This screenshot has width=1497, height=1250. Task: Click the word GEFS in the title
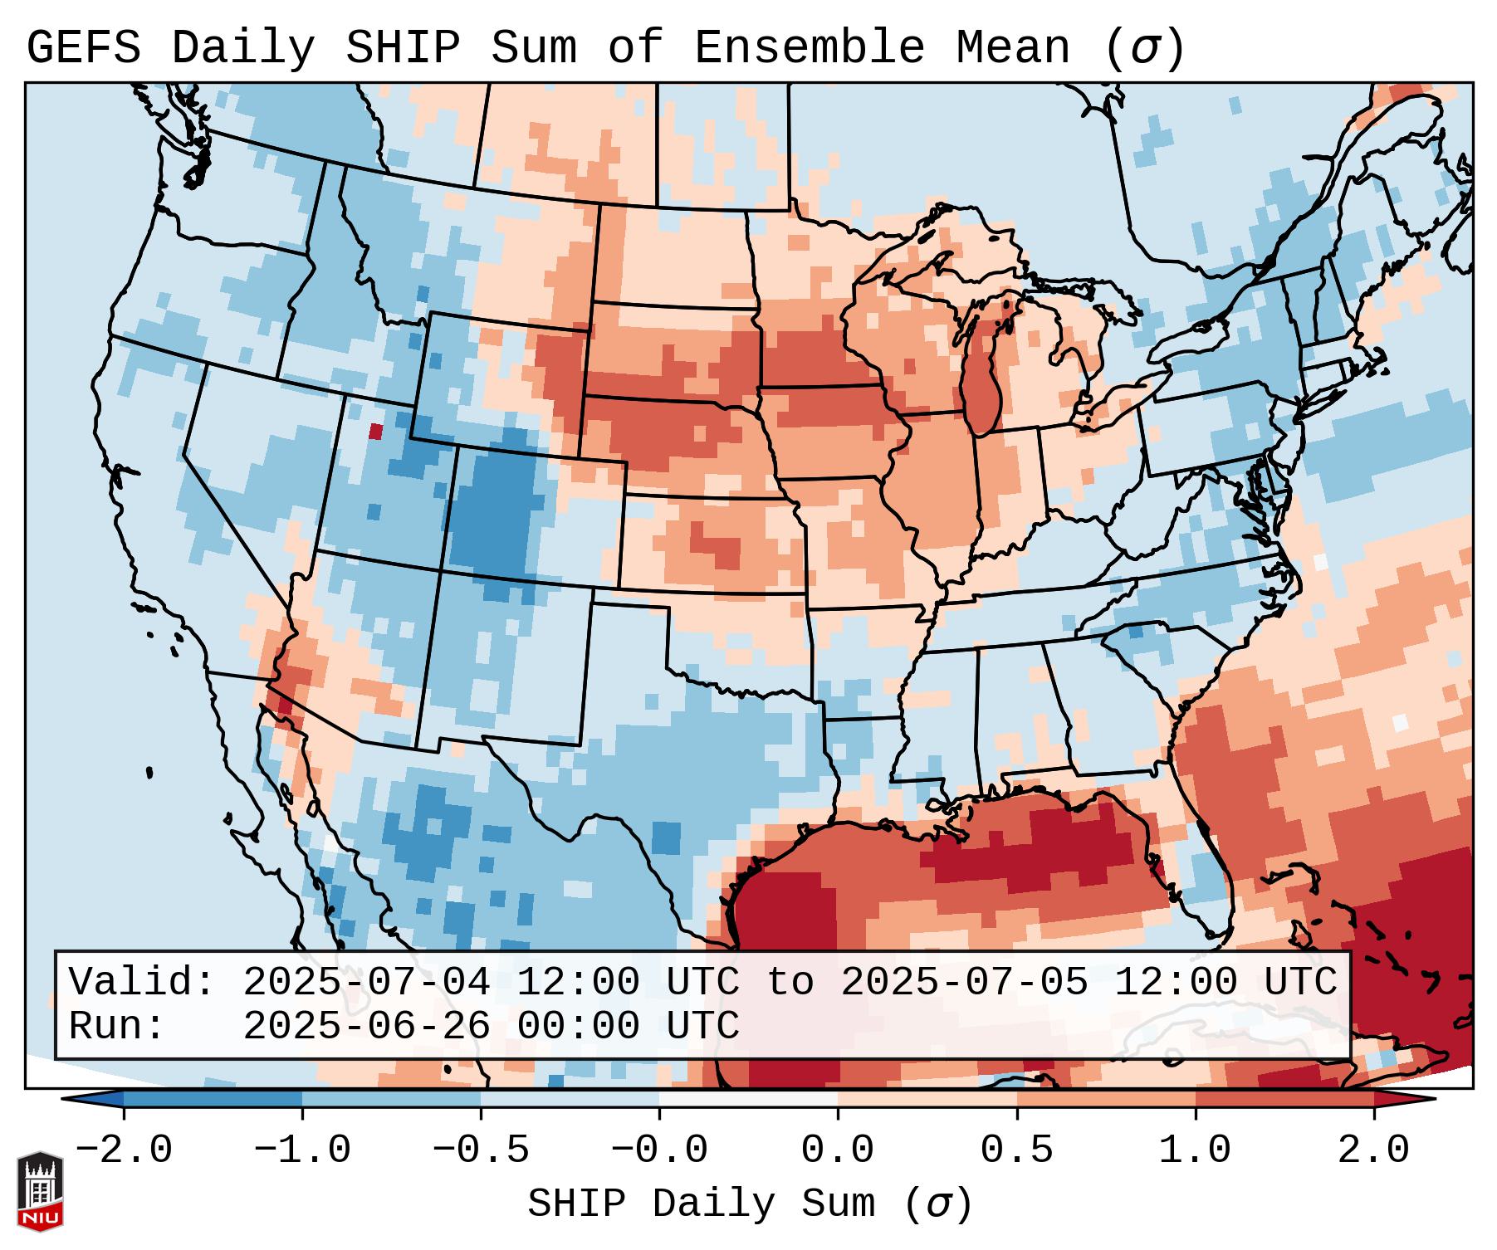83,47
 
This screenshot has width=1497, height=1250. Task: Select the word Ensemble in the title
809,47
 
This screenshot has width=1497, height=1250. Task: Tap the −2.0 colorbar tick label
124,1150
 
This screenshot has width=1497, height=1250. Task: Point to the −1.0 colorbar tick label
302,1150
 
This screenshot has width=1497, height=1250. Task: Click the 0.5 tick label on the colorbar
1016,1150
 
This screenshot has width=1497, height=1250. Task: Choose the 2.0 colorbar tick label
1373,1150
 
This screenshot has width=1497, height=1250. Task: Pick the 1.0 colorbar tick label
1195,1150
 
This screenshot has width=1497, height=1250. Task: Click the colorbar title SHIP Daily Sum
702,1204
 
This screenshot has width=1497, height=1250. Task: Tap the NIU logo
40,1191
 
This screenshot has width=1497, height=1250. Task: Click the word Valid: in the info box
142,982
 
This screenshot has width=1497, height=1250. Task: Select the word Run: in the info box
117,1026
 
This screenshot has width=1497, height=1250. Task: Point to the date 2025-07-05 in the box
964,982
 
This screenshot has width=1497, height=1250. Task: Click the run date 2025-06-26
366,1026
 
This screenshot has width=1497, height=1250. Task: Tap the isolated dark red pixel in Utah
376,432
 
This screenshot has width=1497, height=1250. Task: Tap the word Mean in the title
1013,47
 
